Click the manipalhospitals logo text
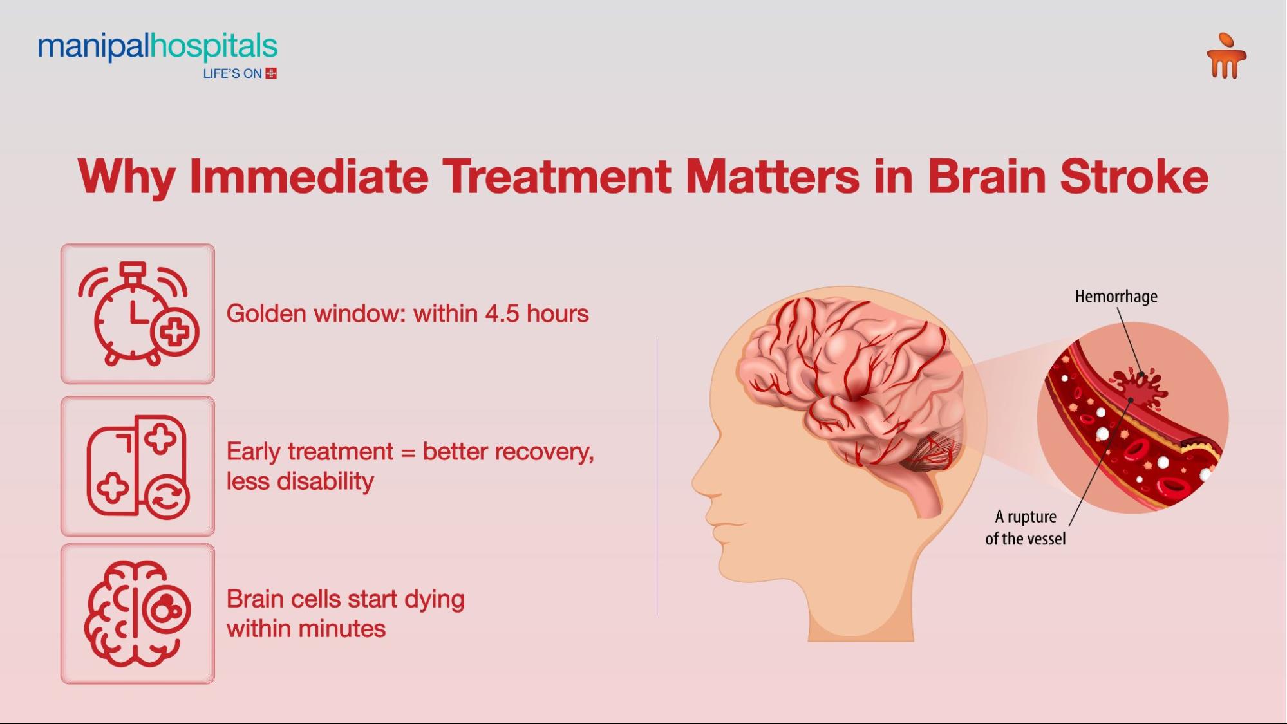pos(157,47)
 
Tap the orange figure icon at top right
pos(1226,57)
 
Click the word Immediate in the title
pos(308,176)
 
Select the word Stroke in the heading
pos(1134,176)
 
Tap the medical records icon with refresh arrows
pos(138,467)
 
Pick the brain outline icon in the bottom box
pos(136,613)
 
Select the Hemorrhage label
pos(1116,296)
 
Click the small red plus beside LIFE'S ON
pos(271,73)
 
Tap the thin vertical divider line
pos(657,476)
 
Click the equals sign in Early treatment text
pos(408,452)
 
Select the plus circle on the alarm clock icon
pos(175,332)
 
